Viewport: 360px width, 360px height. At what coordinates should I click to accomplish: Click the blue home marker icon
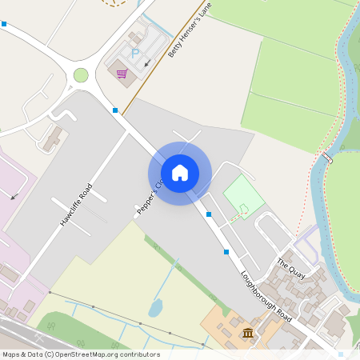click(x=180, y=173)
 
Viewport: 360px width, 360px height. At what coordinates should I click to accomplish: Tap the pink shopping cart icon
click(x=122, y=74)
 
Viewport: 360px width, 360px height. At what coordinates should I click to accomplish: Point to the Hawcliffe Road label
click(x=76, y=205)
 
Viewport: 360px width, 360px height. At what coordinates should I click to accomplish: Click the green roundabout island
click(x=81, y=75)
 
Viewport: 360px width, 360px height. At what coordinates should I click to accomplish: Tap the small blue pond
click(x=155, y=308)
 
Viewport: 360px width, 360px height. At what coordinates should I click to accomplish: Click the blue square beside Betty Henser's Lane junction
click(x=116, y=110)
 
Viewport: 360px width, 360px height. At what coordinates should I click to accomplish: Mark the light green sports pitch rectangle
click(x=243, y=194)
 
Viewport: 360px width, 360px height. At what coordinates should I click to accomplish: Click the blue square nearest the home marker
click(x=209, y=214)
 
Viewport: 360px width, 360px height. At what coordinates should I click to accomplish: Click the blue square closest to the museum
click(x=226, y=252)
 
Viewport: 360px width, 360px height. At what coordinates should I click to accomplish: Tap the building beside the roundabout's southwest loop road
click(x=52, y=138)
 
